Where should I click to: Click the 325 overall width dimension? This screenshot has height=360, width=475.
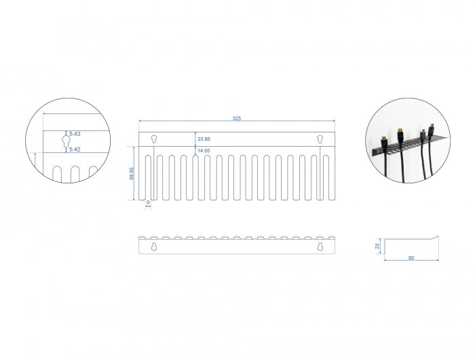click(236, 118)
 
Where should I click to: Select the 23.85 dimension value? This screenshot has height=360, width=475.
click(203, 139)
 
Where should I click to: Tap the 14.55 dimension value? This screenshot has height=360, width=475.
click(203, 151)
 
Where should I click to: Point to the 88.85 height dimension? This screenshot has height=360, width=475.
click(131, 174)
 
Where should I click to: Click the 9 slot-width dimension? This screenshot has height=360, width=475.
click(148, 202)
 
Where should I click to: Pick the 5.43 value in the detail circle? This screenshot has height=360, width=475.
click(75, 134)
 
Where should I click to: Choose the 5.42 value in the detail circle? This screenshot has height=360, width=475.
click(75, 149)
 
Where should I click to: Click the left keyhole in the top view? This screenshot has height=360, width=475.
click(154, 139)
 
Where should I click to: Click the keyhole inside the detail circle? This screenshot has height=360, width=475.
click(65, 141)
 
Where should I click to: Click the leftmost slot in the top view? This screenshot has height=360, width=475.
click(148, 177)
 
